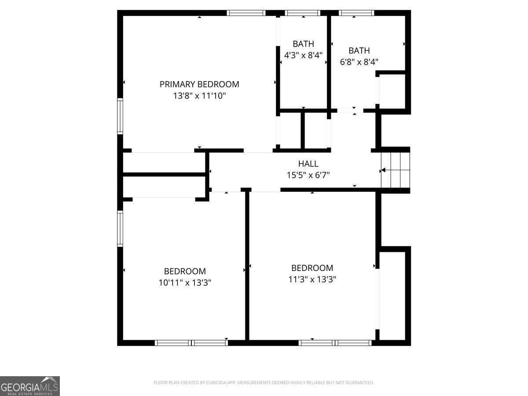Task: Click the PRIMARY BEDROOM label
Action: point(199,84)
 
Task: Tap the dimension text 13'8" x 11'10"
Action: point(199,95)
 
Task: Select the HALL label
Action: point(308,164)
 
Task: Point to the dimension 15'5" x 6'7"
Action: point(308,175)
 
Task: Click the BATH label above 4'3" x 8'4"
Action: point(304,44)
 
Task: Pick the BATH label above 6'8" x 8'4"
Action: point(359,51)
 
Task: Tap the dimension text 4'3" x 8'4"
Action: point(304,55)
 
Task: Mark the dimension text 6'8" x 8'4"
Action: point(359,62)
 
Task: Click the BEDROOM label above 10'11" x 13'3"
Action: point(185,271)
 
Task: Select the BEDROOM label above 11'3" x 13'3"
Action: point(312,268)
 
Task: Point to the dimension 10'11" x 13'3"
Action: point(185,282)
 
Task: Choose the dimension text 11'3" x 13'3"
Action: point(312,279)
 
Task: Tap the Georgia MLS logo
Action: point(30,386)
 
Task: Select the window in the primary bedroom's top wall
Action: point(246,13)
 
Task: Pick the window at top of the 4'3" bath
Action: point(303,13)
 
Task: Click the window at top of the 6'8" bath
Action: point(356,13)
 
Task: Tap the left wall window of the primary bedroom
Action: point(120,116)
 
